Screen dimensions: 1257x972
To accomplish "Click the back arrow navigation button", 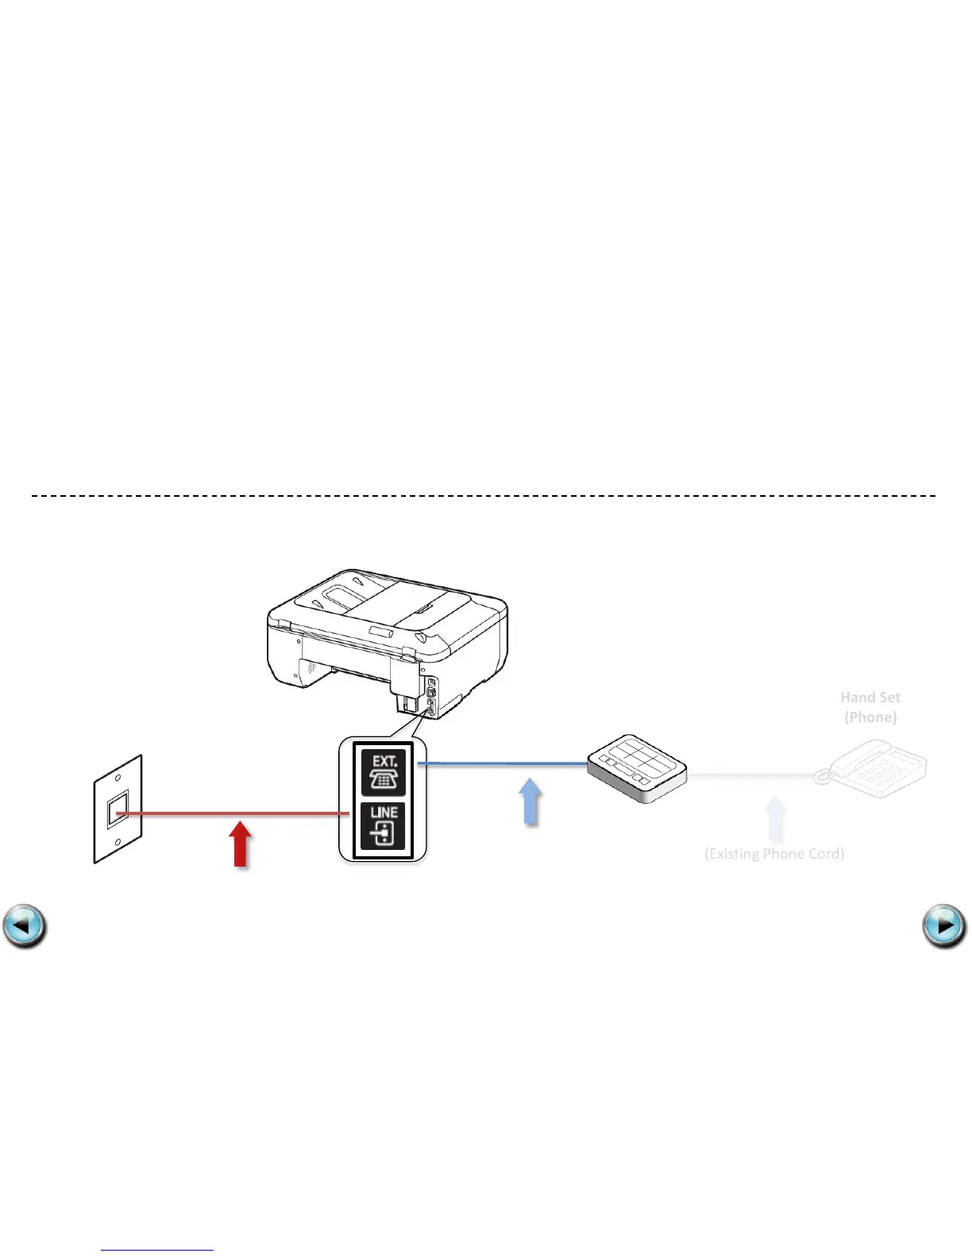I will [x=25, y=926].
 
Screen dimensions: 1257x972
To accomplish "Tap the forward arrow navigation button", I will [x=944, y=926].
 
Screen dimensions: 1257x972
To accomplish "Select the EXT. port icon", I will [x=384, y=772].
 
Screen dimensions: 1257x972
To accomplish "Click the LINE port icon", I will [x=384, y=825].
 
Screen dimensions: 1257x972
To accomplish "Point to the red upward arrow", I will [x=240, y=844].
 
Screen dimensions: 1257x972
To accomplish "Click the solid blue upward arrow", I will [x=530, y=802].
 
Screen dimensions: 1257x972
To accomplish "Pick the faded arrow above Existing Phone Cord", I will [x=775, y=820].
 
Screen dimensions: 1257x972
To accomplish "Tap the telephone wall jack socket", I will [x=118, y=810].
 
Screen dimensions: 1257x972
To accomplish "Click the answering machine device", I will [x=637, y=767].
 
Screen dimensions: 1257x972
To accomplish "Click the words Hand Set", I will [x=870, y=698].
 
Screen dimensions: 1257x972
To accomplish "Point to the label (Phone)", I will [x=870, y=717].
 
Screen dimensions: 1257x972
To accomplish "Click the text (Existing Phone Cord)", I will [x=774, y=854].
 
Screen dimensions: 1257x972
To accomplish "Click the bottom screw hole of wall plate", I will [x=118, y=843].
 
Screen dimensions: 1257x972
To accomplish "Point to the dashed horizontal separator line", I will [x=484, y=495].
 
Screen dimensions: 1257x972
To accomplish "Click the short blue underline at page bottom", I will [x=157, y=1251].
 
